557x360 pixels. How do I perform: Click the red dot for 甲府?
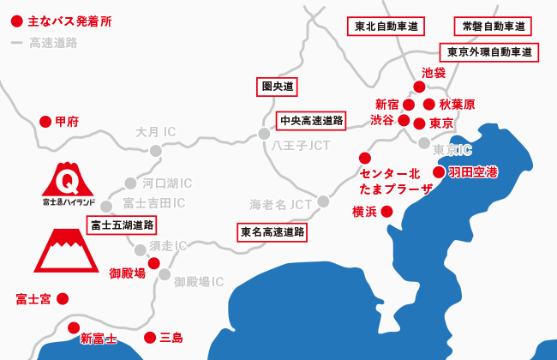click(x=46, y=122)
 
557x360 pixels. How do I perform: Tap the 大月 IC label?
click(x=155, y=132)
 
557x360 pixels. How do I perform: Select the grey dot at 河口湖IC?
click(x=130, y=183)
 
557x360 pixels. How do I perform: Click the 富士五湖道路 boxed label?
click(x=122, y=225)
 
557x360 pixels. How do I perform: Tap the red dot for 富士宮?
click(x=62, y=298)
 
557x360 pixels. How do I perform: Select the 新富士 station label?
click(x=98, y=339)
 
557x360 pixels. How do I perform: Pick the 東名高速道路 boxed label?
click(x=273, y=231)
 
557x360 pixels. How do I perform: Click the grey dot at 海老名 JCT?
click(x=323, y=201)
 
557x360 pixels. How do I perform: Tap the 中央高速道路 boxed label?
click(x=311, y=120)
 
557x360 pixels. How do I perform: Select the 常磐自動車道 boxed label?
click(x=493, y=27)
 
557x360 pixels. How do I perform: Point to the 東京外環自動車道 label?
click(x=488, y=52)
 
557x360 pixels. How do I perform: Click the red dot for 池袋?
click(x=419, y=87)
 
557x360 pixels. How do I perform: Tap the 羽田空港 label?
click(x=473, y=172)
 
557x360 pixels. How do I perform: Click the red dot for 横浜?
click(x=386, y=211)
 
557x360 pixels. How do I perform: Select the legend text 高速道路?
click(x=53, y=42)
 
